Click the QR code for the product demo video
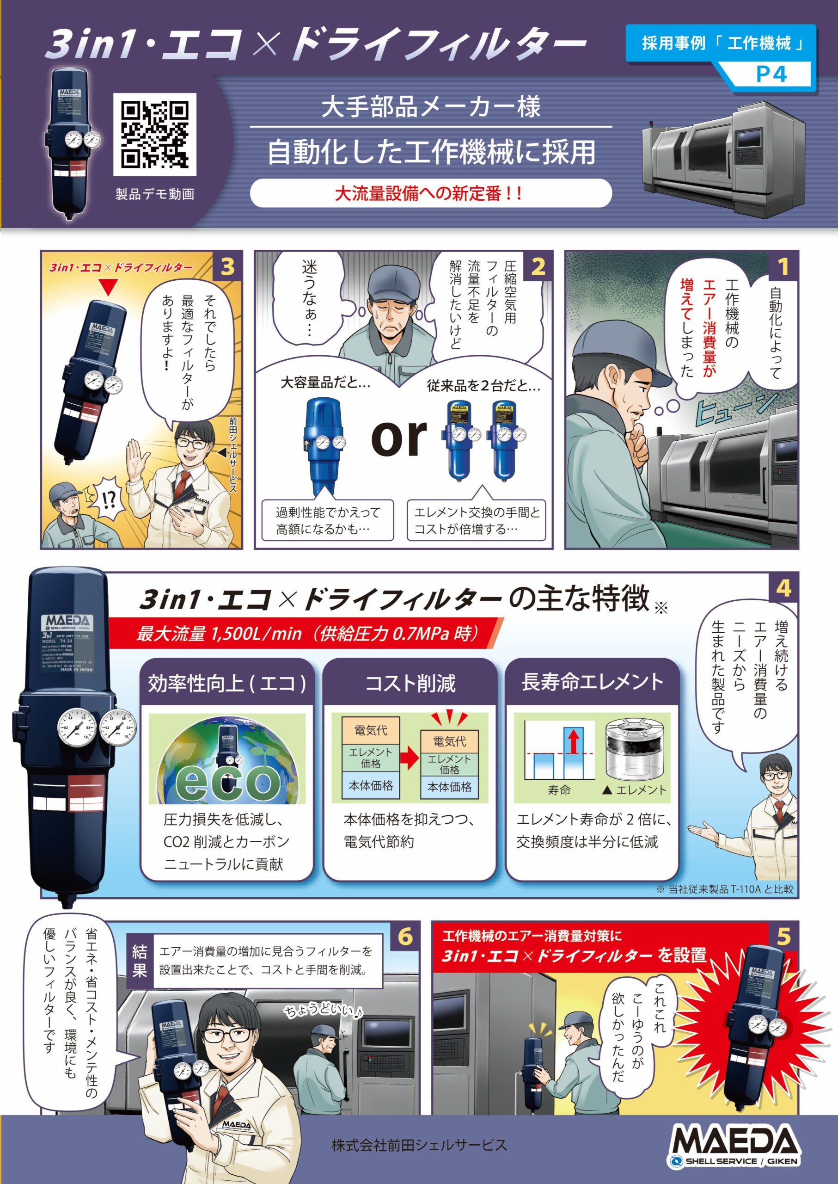point(154,134)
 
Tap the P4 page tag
point(771,74)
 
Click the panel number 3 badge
point(227,266)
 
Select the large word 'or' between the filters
point(398,438)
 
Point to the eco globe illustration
point(227,759)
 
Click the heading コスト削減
point(410,683)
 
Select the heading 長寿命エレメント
point(592,682)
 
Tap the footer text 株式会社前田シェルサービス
point(419,1145)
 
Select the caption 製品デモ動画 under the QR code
point(155,194)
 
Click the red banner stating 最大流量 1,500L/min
point(305,633)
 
